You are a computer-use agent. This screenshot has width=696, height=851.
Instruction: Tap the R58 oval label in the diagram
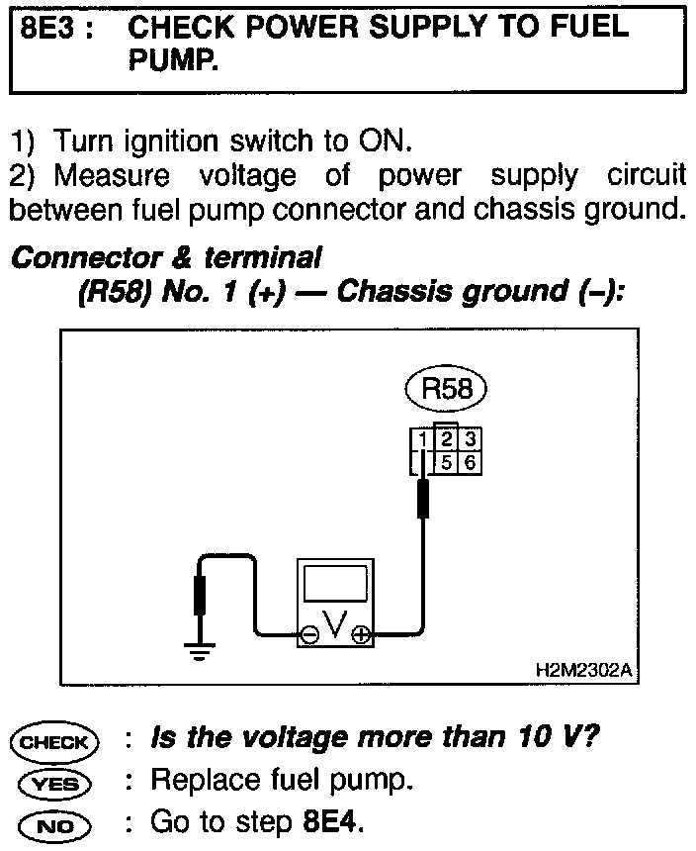pos(446,389)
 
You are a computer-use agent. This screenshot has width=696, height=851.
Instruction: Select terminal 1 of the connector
pos(422,438)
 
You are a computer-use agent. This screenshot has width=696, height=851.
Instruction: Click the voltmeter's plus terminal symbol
pos(361,636)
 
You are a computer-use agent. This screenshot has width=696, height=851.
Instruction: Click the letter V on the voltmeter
pos(336,625)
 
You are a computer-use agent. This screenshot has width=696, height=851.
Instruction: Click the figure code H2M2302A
pos(585,670)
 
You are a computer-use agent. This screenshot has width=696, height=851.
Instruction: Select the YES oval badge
pos(53,782)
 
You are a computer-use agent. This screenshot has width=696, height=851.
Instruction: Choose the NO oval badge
pos(53,823)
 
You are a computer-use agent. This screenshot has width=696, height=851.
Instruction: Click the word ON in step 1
pos(377,142)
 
